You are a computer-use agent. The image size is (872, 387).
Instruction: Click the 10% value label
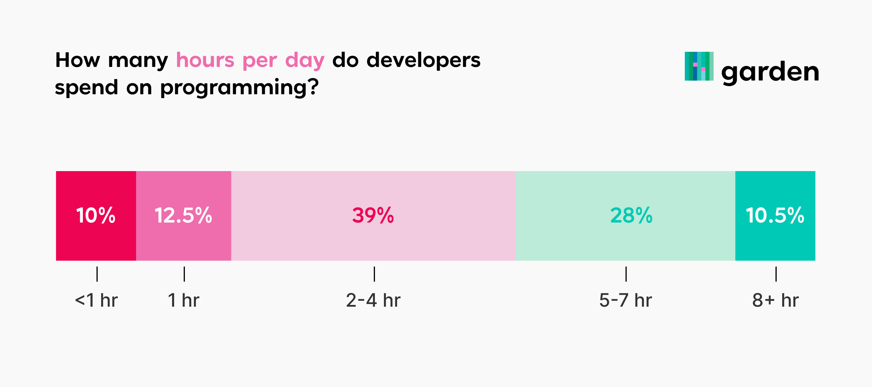pos(96,215)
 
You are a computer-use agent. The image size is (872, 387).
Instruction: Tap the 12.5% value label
pos(183,215)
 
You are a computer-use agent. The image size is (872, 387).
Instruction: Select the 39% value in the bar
pos(373,215)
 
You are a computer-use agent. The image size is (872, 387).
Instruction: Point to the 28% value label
pos(631,215)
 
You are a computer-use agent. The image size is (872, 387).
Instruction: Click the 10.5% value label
pos(775,215)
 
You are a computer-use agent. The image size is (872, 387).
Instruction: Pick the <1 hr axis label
pos(96,300)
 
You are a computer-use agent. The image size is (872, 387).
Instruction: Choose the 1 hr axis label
pos(183,300)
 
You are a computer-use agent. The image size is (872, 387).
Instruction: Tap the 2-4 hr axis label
pos(374,300)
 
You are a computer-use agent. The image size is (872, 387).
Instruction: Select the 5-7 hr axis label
pos(626,300)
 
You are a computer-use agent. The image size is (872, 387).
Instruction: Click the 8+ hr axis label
pos(775,300)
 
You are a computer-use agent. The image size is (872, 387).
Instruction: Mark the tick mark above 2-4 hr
pos(374,274)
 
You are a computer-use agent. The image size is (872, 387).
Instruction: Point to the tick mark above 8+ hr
pos(776,274)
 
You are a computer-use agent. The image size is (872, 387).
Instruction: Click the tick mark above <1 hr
pos(97,274)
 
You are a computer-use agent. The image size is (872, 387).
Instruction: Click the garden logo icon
pos(699,66)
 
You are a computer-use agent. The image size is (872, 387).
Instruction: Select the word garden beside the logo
pos(770,72)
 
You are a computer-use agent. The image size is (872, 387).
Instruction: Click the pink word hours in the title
pos(205,60)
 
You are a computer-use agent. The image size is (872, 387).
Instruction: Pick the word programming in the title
pos(239,88)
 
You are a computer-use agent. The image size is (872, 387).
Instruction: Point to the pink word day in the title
pos(305,61)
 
